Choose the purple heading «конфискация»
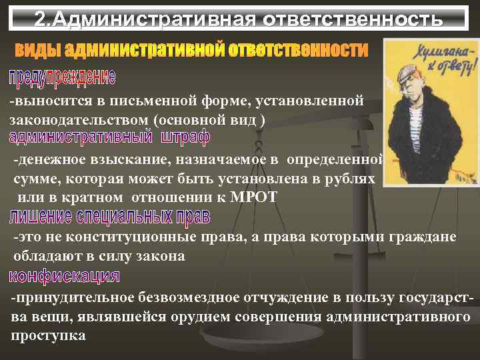65,276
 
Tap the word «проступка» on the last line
48,335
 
